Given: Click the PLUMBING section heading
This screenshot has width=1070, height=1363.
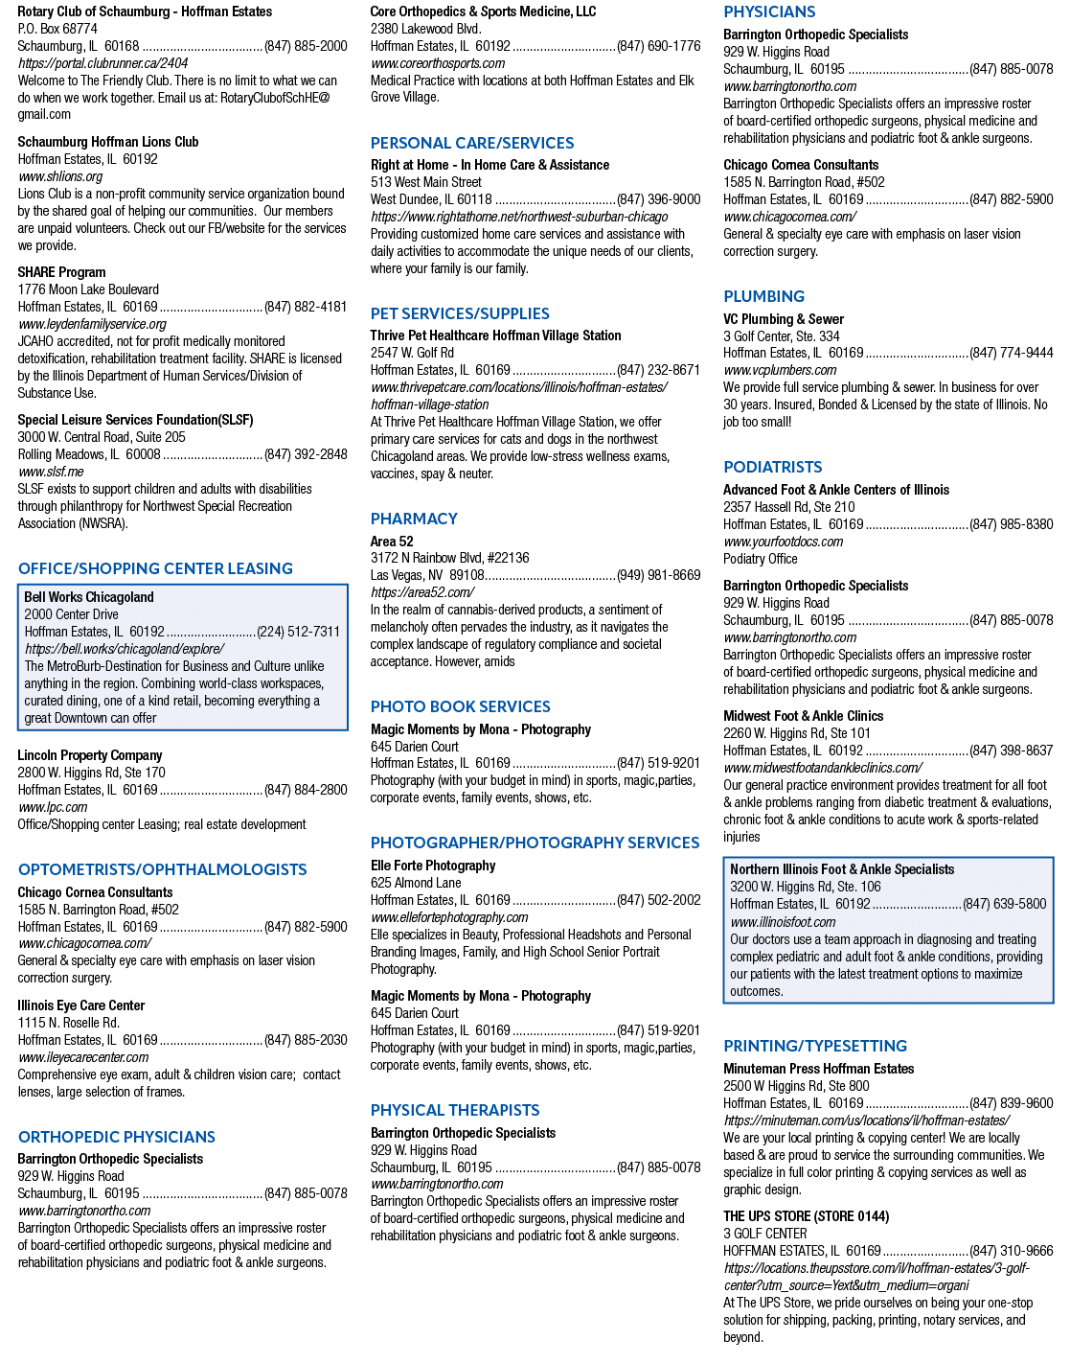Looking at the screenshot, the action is (x=763, y=296).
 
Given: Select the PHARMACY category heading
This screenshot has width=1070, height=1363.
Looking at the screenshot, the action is (x=414, y=519).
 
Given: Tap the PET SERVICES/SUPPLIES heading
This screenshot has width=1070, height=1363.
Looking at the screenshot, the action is (x=460, y=313).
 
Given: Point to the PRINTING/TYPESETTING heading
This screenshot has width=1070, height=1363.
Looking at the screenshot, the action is (x=815, y=1046).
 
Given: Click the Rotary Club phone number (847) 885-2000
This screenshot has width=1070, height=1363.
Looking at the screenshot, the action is (x=306, y=46).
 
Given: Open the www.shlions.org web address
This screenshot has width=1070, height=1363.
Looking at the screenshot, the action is (x=60, y=177).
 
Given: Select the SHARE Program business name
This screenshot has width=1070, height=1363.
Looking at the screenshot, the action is (x=61, y=272).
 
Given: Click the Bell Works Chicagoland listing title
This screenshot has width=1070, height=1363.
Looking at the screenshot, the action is (x=88, y=597).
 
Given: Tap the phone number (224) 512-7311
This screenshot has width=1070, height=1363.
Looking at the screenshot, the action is (x=298, y=632).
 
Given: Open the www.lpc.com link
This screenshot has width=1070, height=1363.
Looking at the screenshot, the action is (x=53, y=807).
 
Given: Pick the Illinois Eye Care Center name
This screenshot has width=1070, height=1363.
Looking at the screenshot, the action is (x=80, y=1005).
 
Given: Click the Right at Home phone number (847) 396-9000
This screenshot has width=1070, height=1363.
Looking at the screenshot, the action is (x=659, y=199).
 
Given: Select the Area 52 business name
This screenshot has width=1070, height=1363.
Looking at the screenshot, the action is (x=392, y=542).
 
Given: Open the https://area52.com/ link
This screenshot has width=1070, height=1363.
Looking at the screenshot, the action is (x=421, y=592).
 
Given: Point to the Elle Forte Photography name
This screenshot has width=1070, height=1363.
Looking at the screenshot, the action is (x=433, y=866).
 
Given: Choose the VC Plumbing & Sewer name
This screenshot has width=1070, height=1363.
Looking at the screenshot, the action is (x=784, y=319).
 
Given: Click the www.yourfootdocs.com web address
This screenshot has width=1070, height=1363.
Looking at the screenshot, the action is (x=783, y=542).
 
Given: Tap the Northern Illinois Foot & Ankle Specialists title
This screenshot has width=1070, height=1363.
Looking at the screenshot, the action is (x=842, y=869).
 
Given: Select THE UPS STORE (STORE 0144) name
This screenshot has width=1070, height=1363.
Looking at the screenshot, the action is (x=807, y=1216).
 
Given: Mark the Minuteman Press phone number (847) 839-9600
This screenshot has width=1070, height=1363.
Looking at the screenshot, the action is (x=1011, y=1103).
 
